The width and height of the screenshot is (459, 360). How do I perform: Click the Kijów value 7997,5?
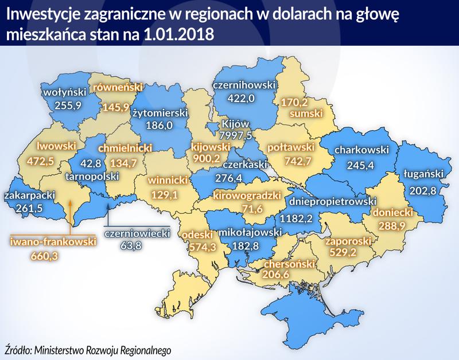click(235, 135)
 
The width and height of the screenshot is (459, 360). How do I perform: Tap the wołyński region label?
click(64, 92)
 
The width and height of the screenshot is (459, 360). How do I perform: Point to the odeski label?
click(197, 234)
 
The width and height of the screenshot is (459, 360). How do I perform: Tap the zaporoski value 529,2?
click(340, 252)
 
